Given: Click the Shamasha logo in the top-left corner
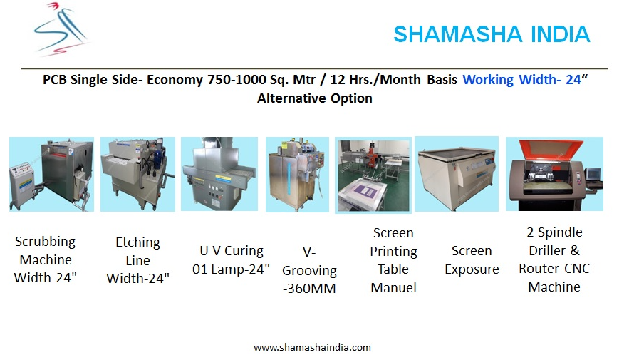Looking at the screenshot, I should tap(62, 29).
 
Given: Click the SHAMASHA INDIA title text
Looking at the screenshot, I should tap(491, 34).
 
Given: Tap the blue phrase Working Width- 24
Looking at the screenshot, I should tap(521, 80).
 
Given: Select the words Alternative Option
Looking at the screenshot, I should tap(314, 98).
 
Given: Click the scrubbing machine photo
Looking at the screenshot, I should tap(51, 174).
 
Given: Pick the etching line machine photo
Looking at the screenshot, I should tap(137, 174).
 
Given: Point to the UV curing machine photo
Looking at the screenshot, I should tap(219, 173).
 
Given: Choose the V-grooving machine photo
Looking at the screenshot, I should tap(297, 174).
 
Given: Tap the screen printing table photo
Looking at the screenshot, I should tap(373, 175).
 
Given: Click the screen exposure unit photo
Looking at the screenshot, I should tap(457, 174).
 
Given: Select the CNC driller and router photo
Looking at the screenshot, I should tap(554, 173).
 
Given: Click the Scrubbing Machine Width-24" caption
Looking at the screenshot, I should tap(45, 259).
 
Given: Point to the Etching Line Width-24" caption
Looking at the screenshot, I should tap(137, 260).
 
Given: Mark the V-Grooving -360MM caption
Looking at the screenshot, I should tap(309, 270).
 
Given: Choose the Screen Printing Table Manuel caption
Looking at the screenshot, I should tap(393, 260).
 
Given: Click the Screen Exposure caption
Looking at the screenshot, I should tap(472, 259).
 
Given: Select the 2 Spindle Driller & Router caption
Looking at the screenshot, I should tap(554, 259).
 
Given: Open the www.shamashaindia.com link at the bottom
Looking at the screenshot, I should tap(313, 348).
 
